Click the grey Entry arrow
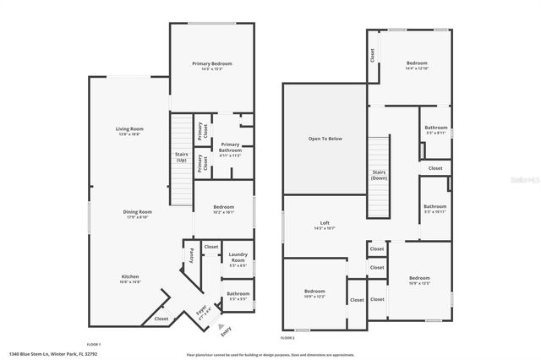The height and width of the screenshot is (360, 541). pos(221,326)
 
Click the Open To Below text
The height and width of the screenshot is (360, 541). pos(325,139)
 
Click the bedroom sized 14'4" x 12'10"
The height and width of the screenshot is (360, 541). pos(417,65)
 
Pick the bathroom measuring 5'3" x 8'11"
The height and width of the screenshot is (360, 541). pos(436,130)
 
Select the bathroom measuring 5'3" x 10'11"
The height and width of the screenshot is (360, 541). pos(434,208)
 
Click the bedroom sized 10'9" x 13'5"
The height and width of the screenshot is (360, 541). pos(420,281)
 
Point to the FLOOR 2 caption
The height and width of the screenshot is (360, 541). pos(287,337)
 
